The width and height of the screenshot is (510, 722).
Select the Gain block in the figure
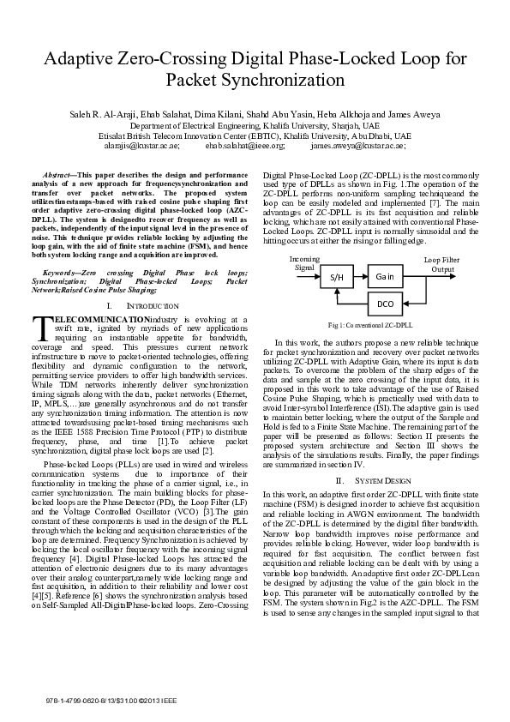383,278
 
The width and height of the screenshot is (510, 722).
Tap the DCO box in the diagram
384,304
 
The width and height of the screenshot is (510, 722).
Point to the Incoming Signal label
303,262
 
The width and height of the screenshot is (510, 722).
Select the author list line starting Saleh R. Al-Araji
255,114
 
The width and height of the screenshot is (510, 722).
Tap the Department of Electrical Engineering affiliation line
255,125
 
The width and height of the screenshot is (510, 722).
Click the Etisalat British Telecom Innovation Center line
255,135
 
